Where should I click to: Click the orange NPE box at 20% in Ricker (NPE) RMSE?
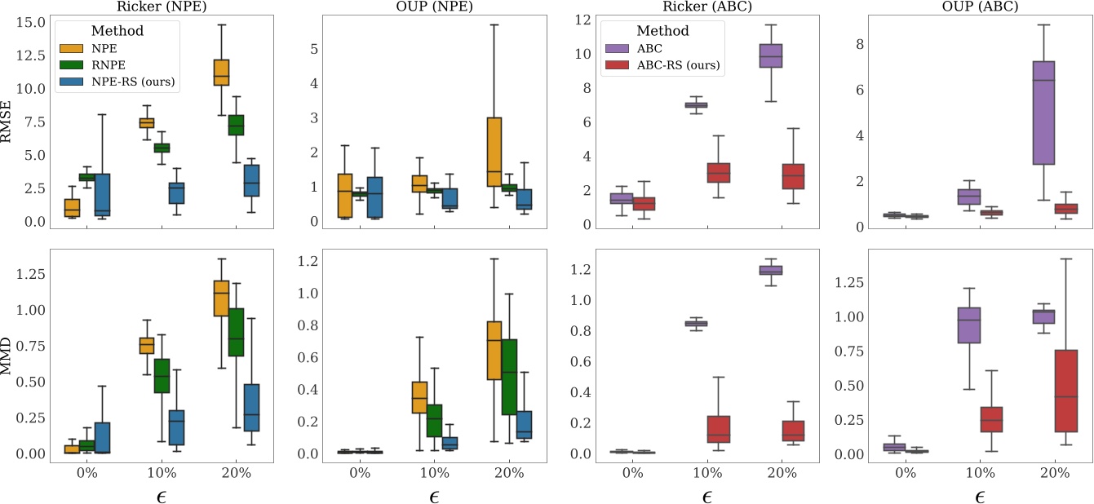click(x=221, y=73)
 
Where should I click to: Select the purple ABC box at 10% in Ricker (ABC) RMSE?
click(x=696, y=105)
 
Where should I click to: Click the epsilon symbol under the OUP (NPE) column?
click(x=434, y=496)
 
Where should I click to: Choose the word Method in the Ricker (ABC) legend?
click(x=663, y=31)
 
